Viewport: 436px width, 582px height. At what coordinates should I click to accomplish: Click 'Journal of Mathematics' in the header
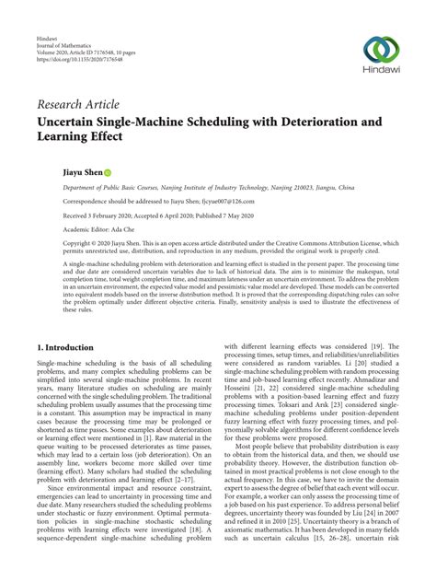pyautogui.click(x=69, y=50)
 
